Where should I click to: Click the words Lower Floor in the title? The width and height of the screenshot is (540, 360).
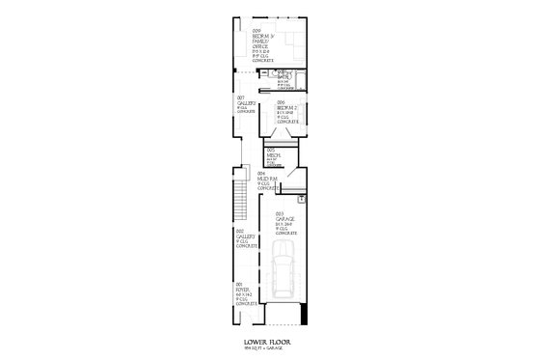269,342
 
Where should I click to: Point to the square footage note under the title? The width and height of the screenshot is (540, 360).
269,349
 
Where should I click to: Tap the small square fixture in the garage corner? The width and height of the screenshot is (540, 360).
301,199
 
